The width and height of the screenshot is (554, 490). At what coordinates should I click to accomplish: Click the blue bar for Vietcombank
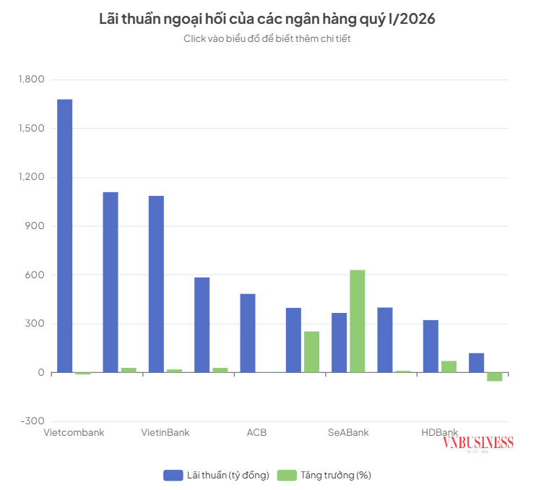pyautogui.click(x=65, y=236)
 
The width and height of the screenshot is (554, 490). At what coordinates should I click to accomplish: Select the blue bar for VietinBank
pyautogui.click(x=156, y=284)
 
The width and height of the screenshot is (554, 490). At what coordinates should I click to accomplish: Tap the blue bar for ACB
pyautogui.click(x=248, y=333)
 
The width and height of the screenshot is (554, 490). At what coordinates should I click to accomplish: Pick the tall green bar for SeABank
pyautogui.click(x=358, y=321)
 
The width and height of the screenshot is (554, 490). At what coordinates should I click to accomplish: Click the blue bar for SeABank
pyautogui.click(x=339, y=343)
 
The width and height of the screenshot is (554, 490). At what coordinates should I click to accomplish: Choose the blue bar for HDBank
pyautogui.click(x=430, y=346)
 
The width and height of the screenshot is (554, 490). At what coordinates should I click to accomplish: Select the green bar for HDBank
pyautogui.click(x=449, y=366)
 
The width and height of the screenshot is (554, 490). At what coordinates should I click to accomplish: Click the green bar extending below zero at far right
pyautogui.click(x=495, y=377)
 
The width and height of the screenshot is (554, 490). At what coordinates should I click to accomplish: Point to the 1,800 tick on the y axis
pyautogui.click(x=32, y=79)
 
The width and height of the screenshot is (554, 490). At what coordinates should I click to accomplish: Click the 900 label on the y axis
pyautogui.click(x=35, y=226)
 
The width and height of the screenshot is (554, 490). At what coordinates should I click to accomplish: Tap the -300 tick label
pyautogui.click(x=33, y=421)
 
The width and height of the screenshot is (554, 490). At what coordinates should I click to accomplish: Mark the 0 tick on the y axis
pyautogui.click(x=41, y=373)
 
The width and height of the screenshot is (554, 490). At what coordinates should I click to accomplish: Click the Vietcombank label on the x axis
pyautogui.click(x=74, y=432)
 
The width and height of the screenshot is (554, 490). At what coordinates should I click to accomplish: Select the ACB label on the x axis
pyautogui.click(x=256, y=432)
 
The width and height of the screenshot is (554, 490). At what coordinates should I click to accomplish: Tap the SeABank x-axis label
pyautogui.click(x=348, y=432)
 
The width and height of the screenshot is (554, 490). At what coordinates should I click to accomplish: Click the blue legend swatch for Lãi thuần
pyautogui.click(x=173, y=475)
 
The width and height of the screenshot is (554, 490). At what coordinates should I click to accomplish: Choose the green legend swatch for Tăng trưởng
pyautogui.click(x=287, y=475)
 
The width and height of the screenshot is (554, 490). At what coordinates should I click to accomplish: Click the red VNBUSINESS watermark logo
pyautogui.click(x=477, y=443)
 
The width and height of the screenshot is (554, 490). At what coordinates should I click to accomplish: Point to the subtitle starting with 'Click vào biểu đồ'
pyautogui.click(x=267, y=38)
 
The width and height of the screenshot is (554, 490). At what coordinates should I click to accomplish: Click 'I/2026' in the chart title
pyautogui.click(x=412, y=19)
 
